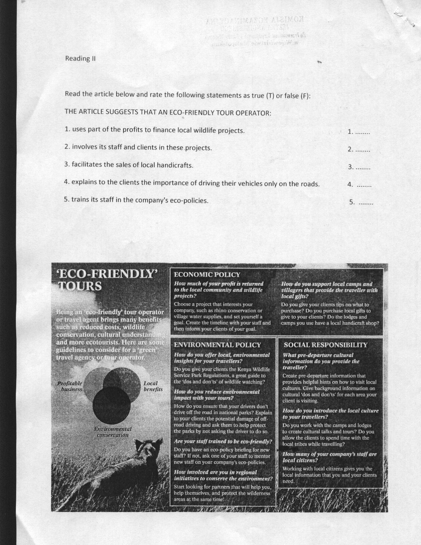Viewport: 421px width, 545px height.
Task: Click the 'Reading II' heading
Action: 80,59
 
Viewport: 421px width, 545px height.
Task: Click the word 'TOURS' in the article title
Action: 80,286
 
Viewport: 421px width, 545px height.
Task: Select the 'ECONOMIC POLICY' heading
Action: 207,274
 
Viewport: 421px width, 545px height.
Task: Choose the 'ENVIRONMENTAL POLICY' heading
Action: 217,345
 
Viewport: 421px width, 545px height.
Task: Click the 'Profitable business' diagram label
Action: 70,386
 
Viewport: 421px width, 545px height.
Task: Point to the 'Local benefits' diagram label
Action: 153,386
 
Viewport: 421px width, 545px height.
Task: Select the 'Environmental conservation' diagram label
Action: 113,432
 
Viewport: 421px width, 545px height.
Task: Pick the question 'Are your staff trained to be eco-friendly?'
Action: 223,442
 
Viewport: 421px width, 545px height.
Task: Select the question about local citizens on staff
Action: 330,457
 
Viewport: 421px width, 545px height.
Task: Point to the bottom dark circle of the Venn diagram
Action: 112,405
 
